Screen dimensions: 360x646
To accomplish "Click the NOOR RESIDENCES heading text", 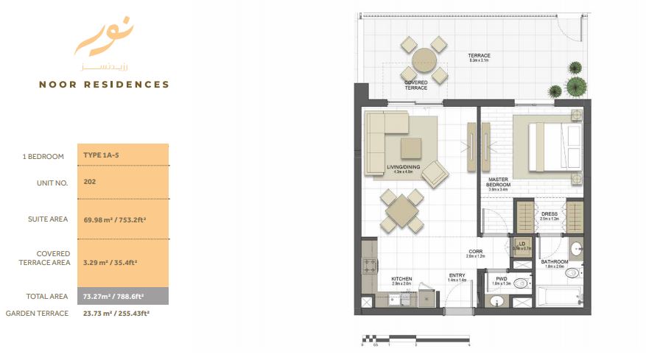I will [x=104, y=85].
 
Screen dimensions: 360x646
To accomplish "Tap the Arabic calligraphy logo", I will [x=104, y=43].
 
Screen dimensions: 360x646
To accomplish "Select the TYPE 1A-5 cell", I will [x=102, y=156].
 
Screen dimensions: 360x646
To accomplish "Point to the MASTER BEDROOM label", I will [x=504, y=181].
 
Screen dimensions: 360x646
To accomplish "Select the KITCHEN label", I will [x=402, y=279].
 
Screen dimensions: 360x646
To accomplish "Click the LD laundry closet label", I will [x=521, y=243].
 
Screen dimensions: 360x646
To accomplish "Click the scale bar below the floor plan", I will [x=415, y=339].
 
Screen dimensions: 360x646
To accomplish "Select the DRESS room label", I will [x=549, y=215].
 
